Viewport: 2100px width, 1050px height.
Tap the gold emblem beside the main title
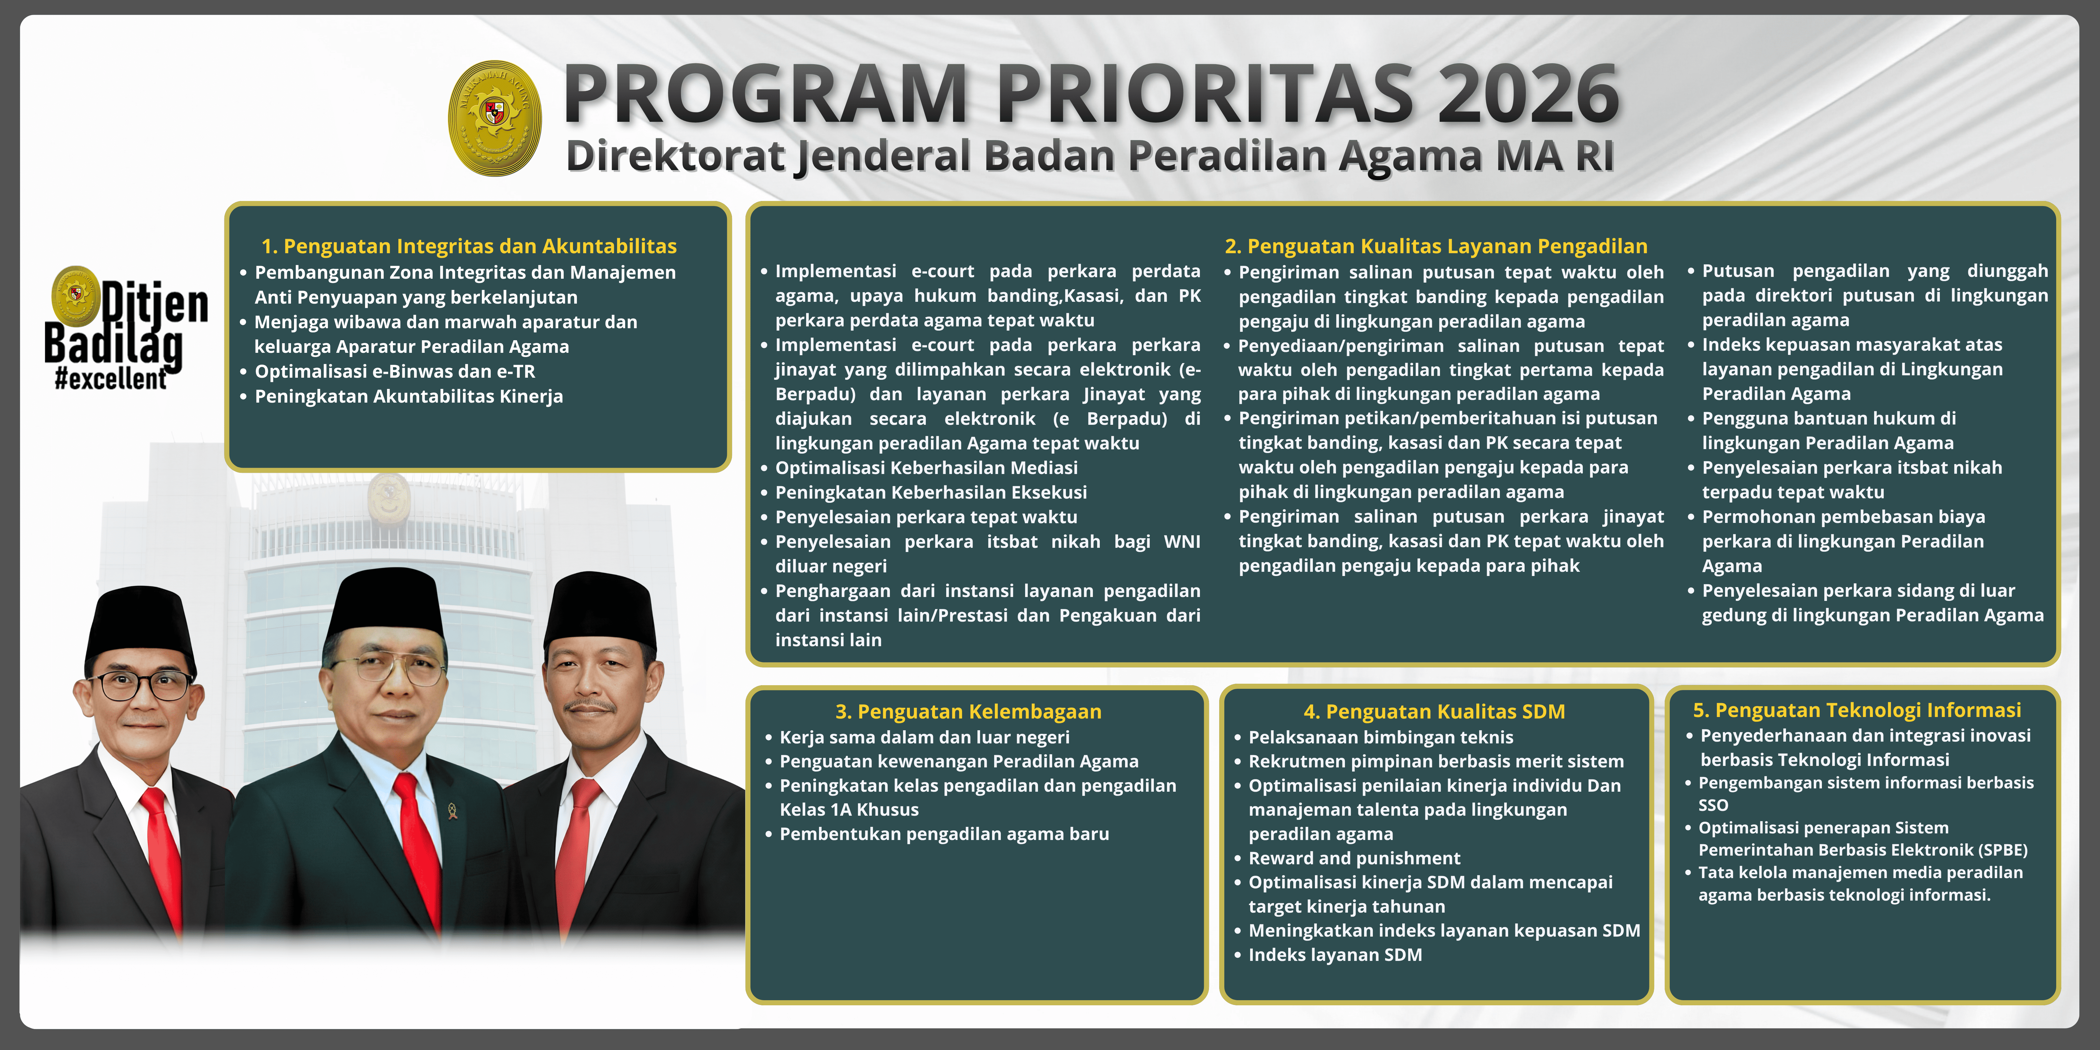click(x=495, y=118)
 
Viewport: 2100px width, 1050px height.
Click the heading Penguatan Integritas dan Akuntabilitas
click(x=469, y=246)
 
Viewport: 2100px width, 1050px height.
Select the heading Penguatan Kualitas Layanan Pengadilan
click(x=1435, y=246)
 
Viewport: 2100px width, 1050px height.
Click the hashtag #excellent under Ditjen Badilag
click(x=111, y=379)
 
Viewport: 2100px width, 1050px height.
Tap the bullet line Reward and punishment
click(x=1354, y=858)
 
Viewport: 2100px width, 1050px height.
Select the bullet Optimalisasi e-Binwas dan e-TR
click(x=394, y=372)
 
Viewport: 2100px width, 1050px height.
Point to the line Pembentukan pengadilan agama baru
click(x=944, y=834)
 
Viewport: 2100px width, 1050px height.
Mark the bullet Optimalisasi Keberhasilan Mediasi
click(x=926, y=468)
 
